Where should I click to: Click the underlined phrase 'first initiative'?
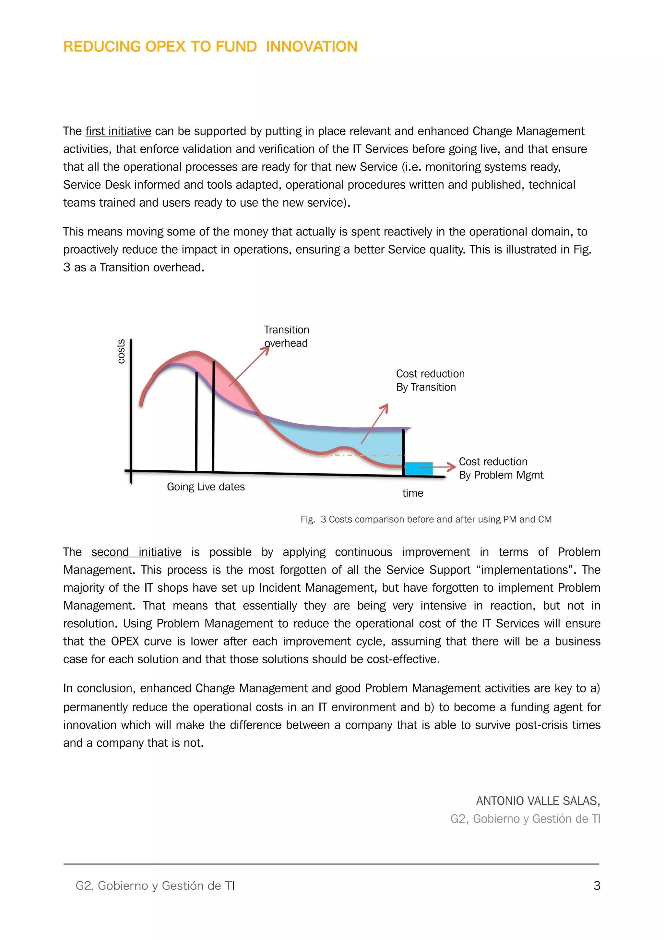[118, 131]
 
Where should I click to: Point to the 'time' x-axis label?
[412, 493]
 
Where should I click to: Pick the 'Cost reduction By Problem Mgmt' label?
[501, 468]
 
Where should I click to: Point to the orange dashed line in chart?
[364, 455]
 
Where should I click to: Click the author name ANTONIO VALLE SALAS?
[538, 801]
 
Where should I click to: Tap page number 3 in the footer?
[597, 886]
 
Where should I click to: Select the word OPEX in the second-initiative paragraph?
[125, 641]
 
